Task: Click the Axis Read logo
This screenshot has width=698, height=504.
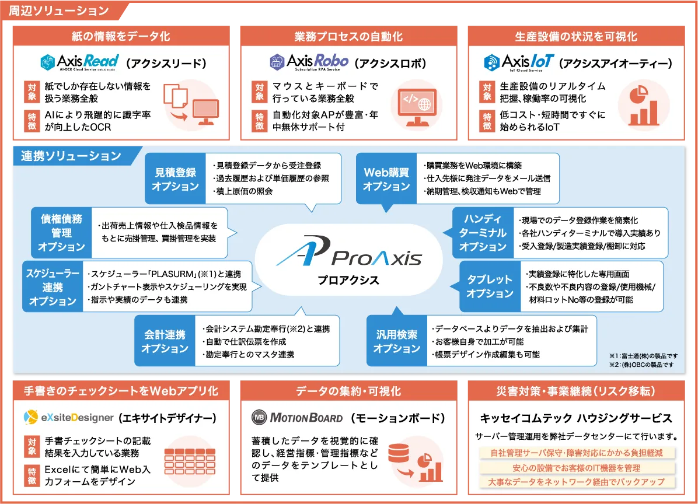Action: (79, 62)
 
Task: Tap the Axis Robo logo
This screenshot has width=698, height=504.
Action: (309, 62)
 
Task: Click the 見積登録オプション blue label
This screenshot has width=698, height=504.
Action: (175, 179)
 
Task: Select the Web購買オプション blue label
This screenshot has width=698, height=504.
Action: (386, 179)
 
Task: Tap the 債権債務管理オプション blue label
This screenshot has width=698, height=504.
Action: (62, 233)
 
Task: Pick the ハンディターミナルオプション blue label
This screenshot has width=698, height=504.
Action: (483, 233)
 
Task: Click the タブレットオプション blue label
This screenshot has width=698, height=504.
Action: (490, 286)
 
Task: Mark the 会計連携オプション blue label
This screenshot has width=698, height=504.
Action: (165, 341)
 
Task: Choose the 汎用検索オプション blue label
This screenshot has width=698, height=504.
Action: (397, 341)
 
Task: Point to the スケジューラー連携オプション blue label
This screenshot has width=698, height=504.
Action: (53, 287)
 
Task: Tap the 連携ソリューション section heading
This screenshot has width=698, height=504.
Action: (71, 156)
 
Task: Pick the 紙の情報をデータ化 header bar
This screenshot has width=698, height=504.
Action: (121, 36)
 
